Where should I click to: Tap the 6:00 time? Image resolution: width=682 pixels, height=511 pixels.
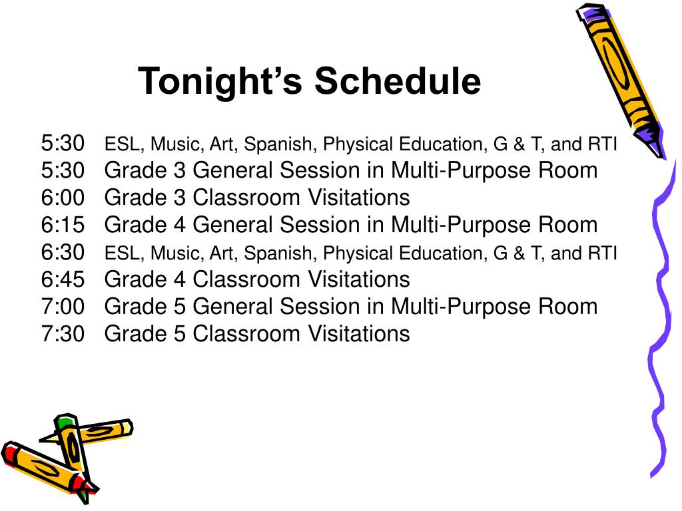(x=63, y=198)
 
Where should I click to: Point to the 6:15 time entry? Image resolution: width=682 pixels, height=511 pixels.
(x=63, y=225)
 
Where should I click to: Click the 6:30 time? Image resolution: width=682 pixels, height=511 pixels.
(x=63, y=252)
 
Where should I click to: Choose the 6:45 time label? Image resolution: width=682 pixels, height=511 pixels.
(x=63, y=279)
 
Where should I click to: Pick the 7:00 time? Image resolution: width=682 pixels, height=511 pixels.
(x=63, y=307)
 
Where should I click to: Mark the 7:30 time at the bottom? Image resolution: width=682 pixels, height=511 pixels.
(x=63, y=333)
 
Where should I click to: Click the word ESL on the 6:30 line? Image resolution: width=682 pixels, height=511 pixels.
(x=123, y=254)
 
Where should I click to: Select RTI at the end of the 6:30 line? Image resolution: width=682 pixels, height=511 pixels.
(x=602, y=254)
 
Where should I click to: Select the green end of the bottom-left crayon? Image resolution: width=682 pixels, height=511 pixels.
(x=65, y=422)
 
